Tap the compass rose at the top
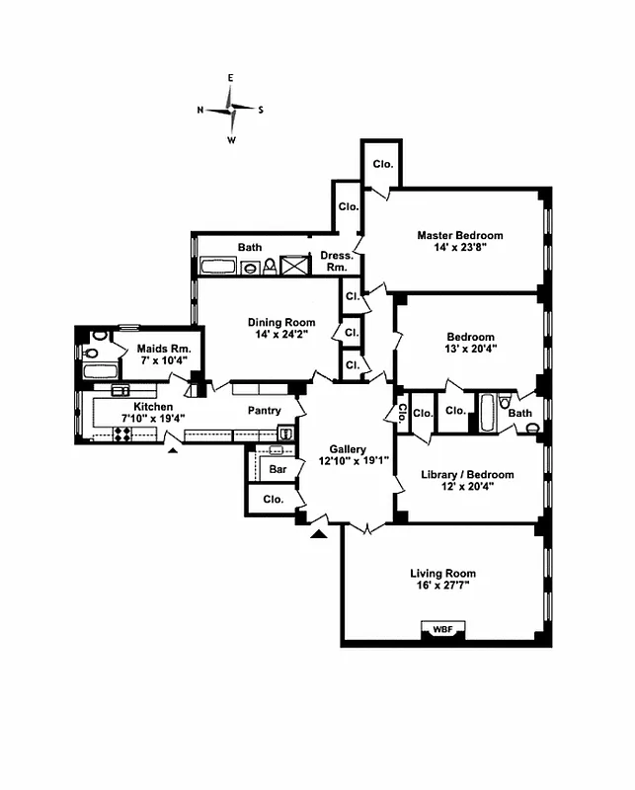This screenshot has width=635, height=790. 232,109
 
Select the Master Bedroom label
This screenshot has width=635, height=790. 459,235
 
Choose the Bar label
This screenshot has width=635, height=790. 278,469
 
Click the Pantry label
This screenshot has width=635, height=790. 264,411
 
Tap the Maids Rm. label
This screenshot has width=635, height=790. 157,350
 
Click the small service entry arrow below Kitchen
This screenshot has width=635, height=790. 174,450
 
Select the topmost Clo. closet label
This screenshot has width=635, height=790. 382,164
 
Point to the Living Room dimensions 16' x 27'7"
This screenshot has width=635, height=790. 442,586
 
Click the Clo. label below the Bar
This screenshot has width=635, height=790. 273,500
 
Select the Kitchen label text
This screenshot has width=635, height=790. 154,407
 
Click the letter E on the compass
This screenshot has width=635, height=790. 231,78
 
